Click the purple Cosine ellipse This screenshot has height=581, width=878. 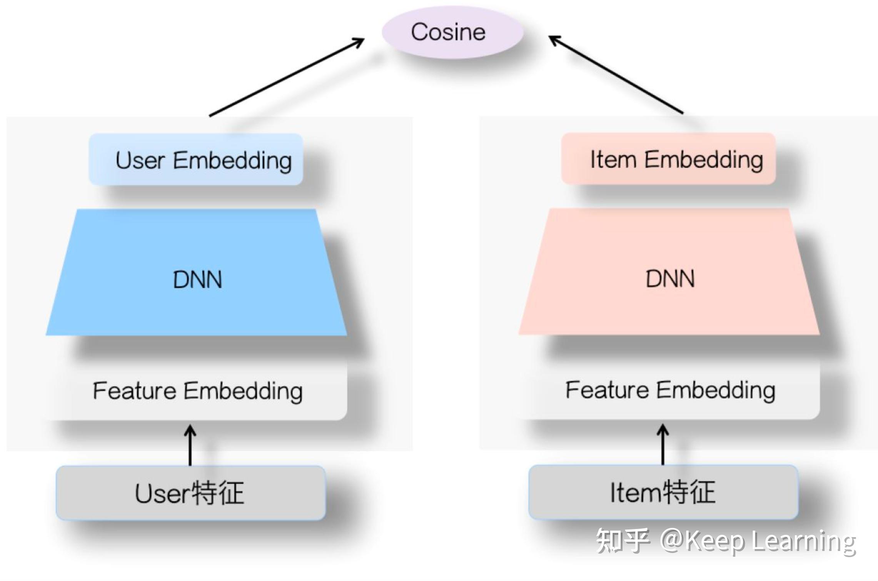452,32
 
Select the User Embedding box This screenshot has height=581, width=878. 196,159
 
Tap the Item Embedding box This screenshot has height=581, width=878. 668,159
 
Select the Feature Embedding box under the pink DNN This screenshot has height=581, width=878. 669,390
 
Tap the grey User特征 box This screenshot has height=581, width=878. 190,493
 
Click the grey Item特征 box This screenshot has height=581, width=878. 663,492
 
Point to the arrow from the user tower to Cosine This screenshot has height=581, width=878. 287,77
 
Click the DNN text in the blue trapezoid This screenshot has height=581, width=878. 197,280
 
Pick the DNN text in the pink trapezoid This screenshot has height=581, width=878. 670,279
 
